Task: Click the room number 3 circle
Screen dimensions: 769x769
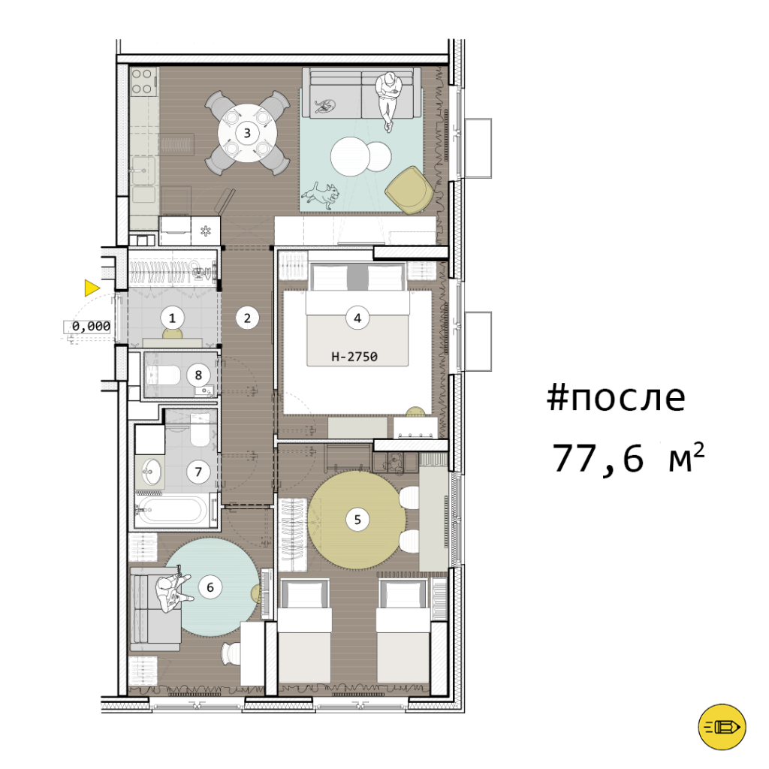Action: pyautogui.click(x=247, y=133)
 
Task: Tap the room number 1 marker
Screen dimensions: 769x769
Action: pyautogui.click(x=172, y=318)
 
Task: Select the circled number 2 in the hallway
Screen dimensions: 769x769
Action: pyautogui.click(x=247, y=318)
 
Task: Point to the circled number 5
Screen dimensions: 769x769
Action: pyautogui.click(x=357, y=520)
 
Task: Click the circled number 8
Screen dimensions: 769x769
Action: pyautogui.click(x=198, y=375)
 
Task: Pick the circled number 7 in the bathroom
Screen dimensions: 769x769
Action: pyautogui.click(x=198, y=472)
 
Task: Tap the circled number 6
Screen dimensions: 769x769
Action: pyautogui.click(x=210, y=587)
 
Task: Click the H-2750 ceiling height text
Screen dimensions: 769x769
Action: pyautogui.click(x=354, y=357)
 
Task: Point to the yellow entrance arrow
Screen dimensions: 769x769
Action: pyautogui.click(x=92, y=288)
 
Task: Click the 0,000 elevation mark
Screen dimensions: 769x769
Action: pyautogui.click(x=91, y=326)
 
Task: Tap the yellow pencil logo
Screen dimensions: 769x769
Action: pyautogui.click(x=722, y=727)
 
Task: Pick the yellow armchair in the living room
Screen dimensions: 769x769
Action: pyautogui.click(x=409, y=190)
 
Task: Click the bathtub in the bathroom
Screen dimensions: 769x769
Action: pyautogui.click(x=174, y=510)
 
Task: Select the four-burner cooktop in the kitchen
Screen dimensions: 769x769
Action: pyautogui.click(x=142, y=81)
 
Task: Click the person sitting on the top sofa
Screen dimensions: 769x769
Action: pyautogui.click(x=388, y=100)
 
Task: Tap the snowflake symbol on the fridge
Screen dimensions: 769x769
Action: pyautogui.click(x=205, y=231)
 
